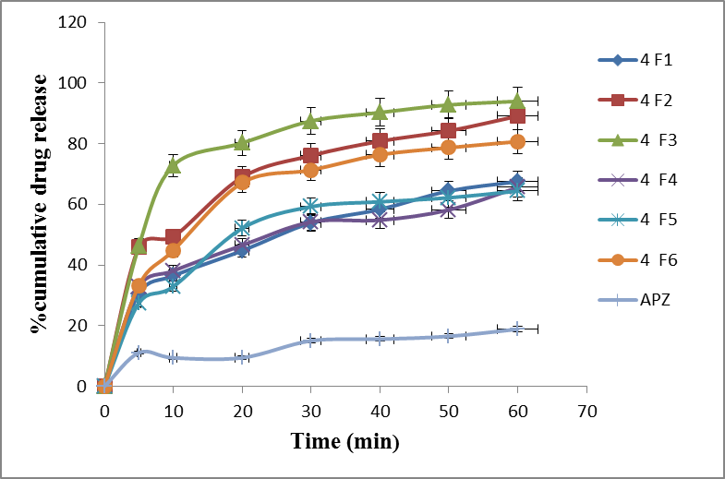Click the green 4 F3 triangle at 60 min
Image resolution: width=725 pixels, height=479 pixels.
(x=517, y=101)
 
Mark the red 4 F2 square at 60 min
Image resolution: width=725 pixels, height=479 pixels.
(x=517, y=115)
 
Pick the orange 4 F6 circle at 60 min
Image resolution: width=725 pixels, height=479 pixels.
(x=517, y=141)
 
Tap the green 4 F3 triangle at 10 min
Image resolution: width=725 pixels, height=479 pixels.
(x=173, y=165)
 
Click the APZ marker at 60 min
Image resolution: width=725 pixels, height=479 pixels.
(x=517, y=329)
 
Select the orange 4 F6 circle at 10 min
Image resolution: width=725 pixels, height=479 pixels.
(x=173, y=250)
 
